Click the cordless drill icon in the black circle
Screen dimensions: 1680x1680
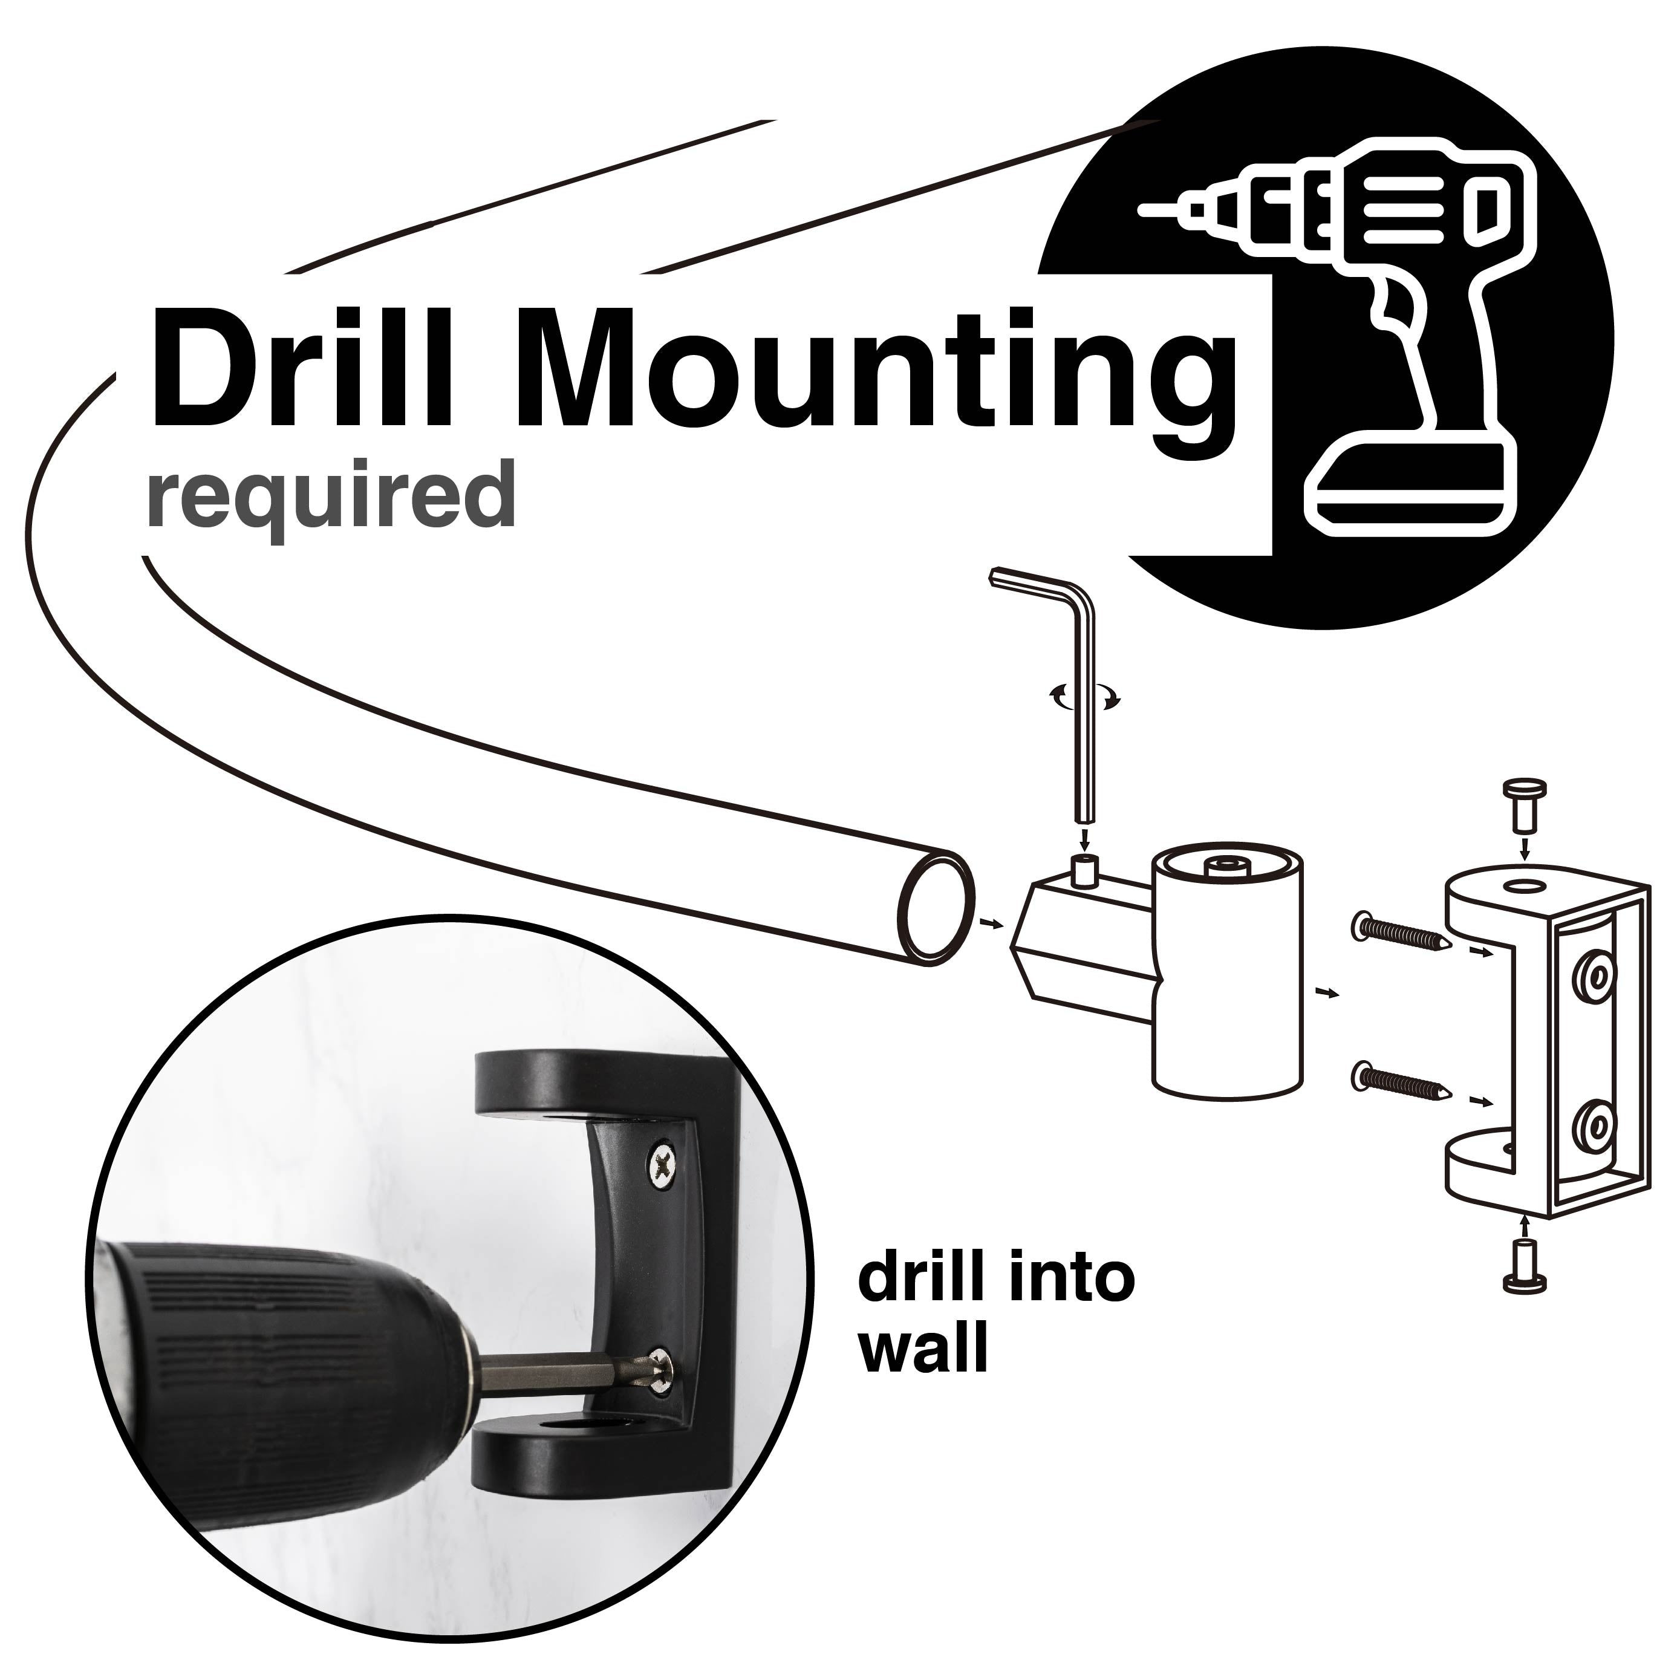click(x=1382, y=330)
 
